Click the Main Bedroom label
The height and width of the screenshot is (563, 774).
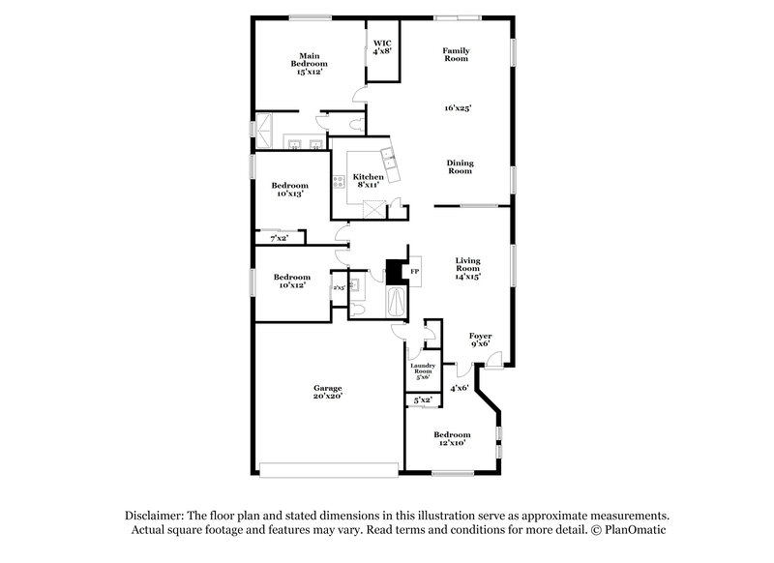[x=310, y=64]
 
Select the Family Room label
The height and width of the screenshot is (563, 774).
[x=456, y=54]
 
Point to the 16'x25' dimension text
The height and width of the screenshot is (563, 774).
[x=457, y=109]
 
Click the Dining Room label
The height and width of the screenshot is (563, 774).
[x=460, y=167]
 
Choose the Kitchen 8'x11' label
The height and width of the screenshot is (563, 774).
[x=369, y=181]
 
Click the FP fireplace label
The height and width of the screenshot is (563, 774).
[x=414, y=272]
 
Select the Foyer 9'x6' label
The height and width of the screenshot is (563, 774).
[x=480, y=339]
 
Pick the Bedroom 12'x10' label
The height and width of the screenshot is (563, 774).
[x=452, y=438]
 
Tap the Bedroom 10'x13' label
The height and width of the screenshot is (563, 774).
[x=289, y=190]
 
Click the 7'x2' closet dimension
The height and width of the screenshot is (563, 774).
[x=278, y=237]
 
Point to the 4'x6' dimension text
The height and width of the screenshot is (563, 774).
[x=459, y=388]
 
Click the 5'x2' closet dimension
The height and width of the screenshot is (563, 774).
[x=422, y=400]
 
